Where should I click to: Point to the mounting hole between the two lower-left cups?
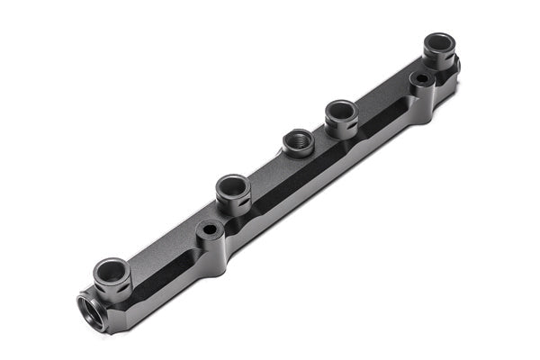[210, 230]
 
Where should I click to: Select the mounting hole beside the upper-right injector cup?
[420, 80]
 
